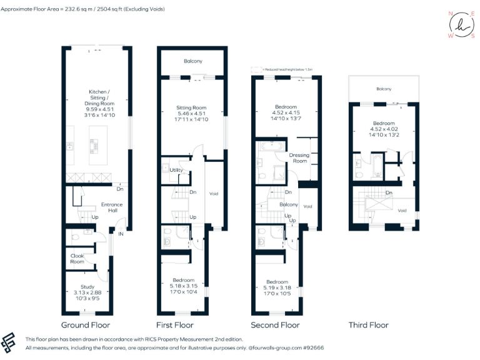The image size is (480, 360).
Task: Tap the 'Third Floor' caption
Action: (368, 325)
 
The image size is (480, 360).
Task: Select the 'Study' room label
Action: (80, 286)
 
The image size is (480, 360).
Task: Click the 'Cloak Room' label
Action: (77, 259)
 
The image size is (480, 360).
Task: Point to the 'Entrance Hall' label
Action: (112, 207)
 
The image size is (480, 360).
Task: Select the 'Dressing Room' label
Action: (299, 158)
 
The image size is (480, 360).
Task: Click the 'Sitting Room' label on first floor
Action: (191, 107)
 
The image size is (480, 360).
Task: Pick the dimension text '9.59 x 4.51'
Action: (98, 109)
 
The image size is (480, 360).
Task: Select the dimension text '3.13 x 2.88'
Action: (80, 292)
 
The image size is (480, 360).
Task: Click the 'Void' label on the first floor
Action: (213, 193)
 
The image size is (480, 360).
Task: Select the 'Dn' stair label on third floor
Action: (388, 192)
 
